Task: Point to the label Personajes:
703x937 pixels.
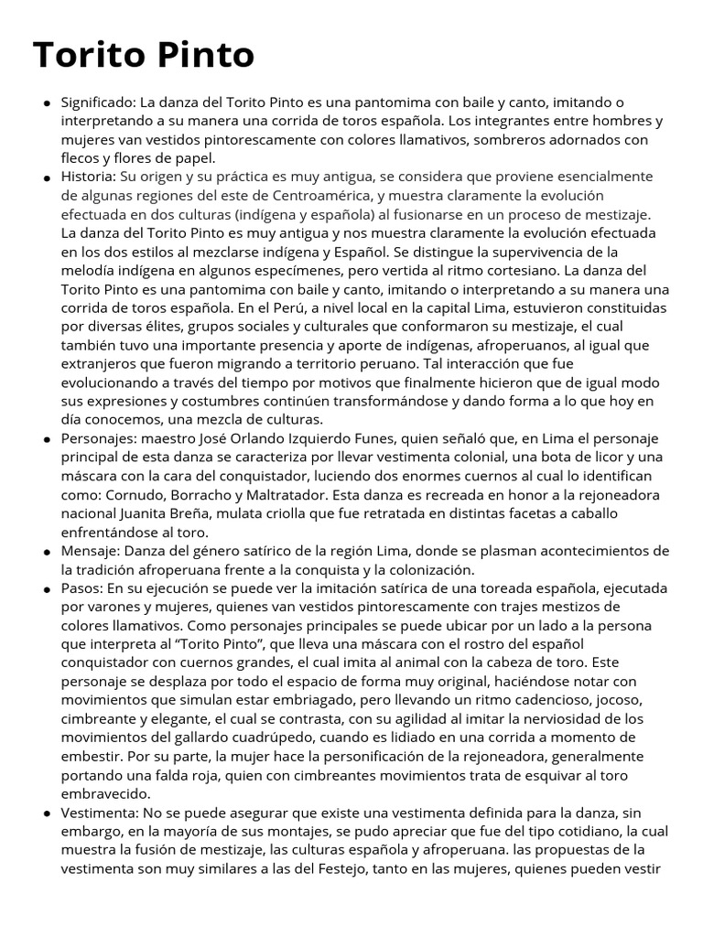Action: (x=99, y=438)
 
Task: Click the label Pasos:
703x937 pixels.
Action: (x=82, y=587)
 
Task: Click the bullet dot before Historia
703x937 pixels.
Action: (x=47, y=178)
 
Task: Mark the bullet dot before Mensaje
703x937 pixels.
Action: (x=47, y=552)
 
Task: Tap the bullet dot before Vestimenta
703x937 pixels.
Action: (x=47, y=813)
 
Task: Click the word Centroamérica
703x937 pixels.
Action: (x=316, y=195)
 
